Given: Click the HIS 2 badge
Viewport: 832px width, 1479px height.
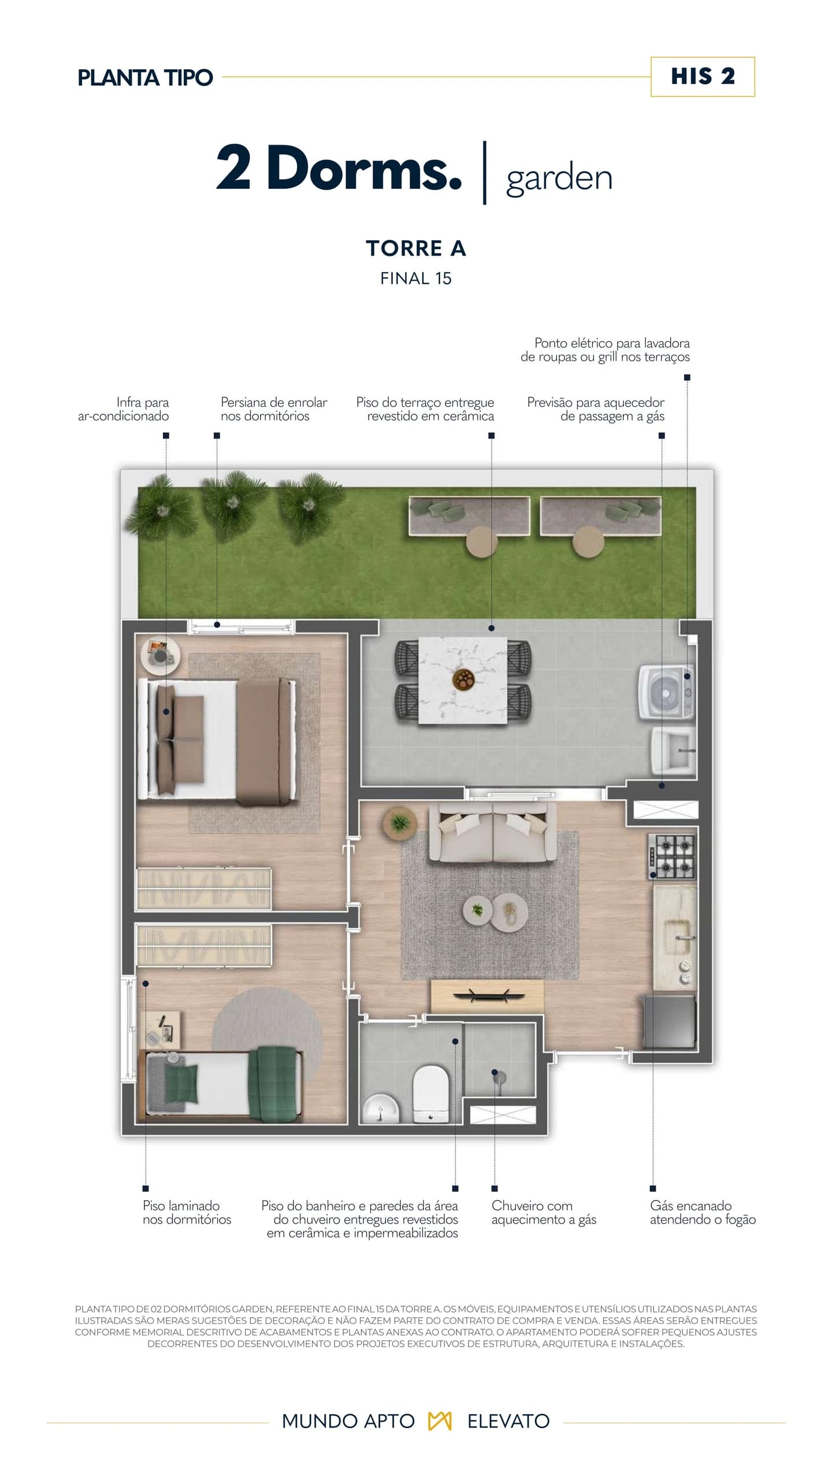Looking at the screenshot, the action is (703, 76).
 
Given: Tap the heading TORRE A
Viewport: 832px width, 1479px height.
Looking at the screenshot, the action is (416, 248).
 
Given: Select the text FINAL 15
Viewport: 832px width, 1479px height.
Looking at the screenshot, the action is (416, 278).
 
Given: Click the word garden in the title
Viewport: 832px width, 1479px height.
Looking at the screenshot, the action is (559, 179).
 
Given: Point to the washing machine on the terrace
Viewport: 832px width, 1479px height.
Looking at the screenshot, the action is (666, 692).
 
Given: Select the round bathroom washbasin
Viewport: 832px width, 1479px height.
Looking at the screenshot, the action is (380, 1108).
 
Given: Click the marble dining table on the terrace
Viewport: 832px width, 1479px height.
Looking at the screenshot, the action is (462, 680).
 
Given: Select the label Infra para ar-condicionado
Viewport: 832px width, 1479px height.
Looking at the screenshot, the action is (124, 409).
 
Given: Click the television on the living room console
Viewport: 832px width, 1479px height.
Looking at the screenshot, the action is (488, 995).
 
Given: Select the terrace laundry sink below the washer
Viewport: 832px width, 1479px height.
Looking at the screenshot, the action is (673, 749).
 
